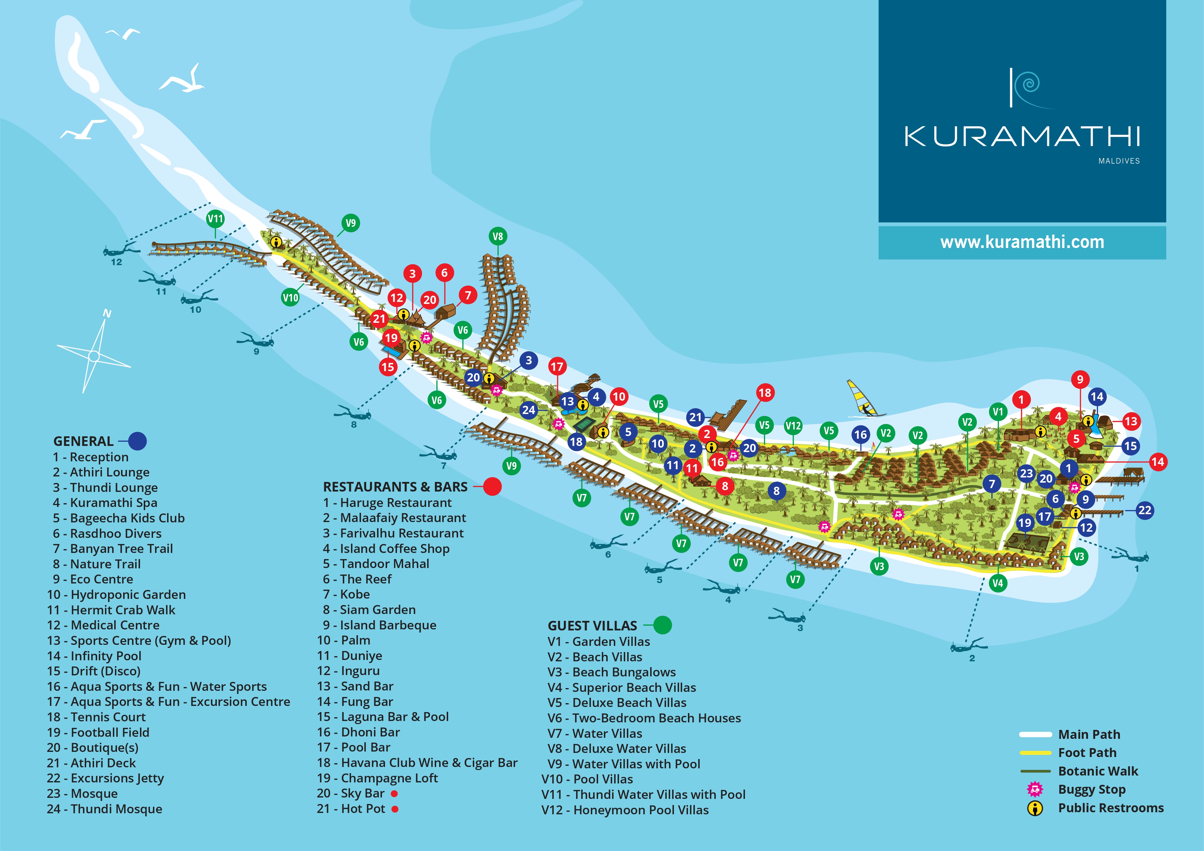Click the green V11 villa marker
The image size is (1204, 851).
215,218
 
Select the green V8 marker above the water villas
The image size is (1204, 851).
497,236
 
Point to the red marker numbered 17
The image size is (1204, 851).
557,367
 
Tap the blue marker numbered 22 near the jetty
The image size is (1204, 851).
1144,510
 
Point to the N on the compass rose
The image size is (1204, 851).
107,314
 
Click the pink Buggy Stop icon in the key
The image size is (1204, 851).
1034,789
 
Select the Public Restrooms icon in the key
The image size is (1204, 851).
1034,808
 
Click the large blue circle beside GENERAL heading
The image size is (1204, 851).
137,441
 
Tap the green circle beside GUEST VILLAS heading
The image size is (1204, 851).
662,625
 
